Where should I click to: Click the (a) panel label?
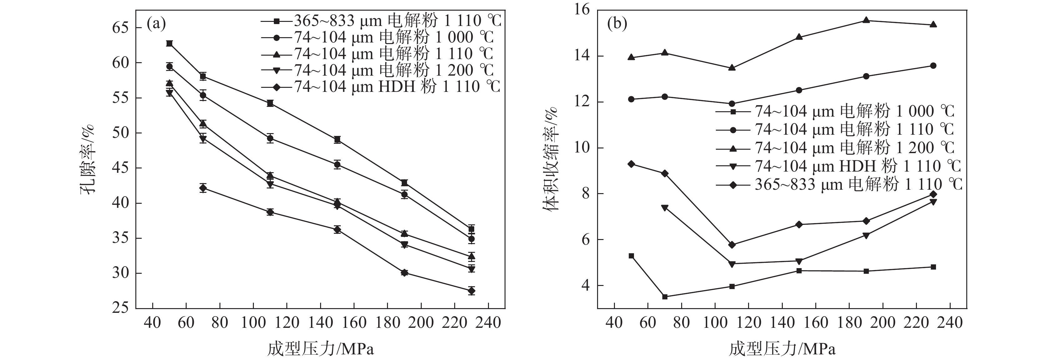(x=156, y=24)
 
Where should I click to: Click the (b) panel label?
(x=617, y=24)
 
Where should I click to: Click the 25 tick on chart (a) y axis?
(x=120, y=307)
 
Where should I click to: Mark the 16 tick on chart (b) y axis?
(x=581, y=10)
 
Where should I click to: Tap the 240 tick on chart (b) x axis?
(x=950, y=323)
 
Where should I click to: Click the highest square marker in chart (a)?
(x=169, y=43)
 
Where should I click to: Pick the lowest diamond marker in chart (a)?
(x=471, y=291)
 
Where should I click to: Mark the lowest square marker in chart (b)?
(x=665, y=297)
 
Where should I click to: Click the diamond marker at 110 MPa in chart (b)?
(x=732, y=245)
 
